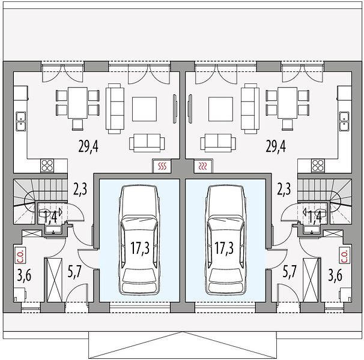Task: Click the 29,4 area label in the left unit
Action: pyautogui.click(x=88, y=146)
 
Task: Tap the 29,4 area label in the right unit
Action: pyautogui.click(x=276, y=146)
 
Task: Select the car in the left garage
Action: pyautogui.click(x=139, y=239)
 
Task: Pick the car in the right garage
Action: pyautogui.click(x=225, y=239)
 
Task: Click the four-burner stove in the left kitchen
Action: pyautogui.click(x=47, y=166)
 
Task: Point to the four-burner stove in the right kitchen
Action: pyautogui.click(x=318, y=166)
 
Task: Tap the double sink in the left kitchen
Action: pyautogui.click(x=21, y=122)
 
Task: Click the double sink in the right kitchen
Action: pyautogui.click(x=344, y=122)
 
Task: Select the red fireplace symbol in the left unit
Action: pyautogui.click(x=162, y=166)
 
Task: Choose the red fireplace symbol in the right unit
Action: pyautogui.click(x=202, y=166)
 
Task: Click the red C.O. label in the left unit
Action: pyautogui.click(x=21, y=256)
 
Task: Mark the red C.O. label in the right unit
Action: pyautogui.click(x=344, y=256)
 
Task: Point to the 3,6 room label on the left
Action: pyautogui.click(x=24, y=275)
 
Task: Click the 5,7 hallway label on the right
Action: pyautogui.click(x=290, y=271)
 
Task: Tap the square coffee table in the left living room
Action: pyautogui.click(x=144, y=109)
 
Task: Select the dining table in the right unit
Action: pyautogui.click(x=287, y=103)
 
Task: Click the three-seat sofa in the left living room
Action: pyautogui.click(x=115, y=109)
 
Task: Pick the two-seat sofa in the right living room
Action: pyautogui.click(x=218, y=143)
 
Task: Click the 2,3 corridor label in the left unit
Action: pyautogui.click(x=80, y=189)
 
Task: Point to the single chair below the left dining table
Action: pyautogui.click(x=77, y=125)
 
